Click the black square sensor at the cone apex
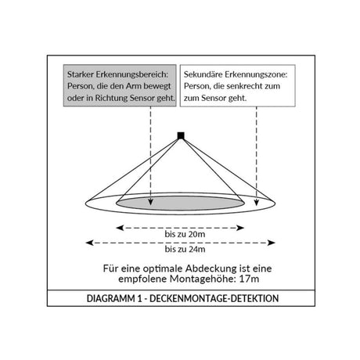click(181, 135)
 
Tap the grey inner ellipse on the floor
click(180, 203)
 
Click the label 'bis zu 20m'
click(185, 234)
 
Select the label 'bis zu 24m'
click(185, 249)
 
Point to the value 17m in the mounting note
click(249, 279)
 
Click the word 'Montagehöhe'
click(203, 279)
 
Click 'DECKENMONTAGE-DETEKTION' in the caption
click(214, 298)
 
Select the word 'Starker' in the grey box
click(80, 74)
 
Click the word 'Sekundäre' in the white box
click(203, 74)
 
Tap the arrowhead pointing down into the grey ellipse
click(150, 202)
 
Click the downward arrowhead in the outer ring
click(257, 202)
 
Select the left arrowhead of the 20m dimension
click(120, 228)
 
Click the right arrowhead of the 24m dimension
click(272, 243)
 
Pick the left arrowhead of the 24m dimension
click(90, 243)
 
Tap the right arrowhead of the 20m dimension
click(240, 228)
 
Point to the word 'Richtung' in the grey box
click(111, 98)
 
